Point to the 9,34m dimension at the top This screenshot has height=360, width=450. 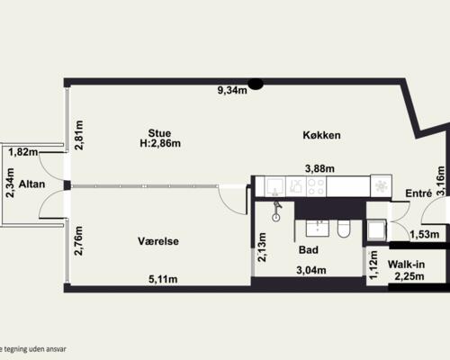[x=232, y=89]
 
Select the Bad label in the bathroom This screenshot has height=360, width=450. [x=308, y=252]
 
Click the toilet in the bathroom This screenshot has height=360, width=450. [x=343, y=229]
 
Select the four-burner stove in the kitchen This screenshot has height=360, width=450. [x=317, y=187]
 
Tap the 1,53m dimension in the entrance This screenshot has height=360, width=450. [x=423, y=235]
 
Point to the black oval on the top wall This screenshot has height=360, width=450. [x=256, y=85]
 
